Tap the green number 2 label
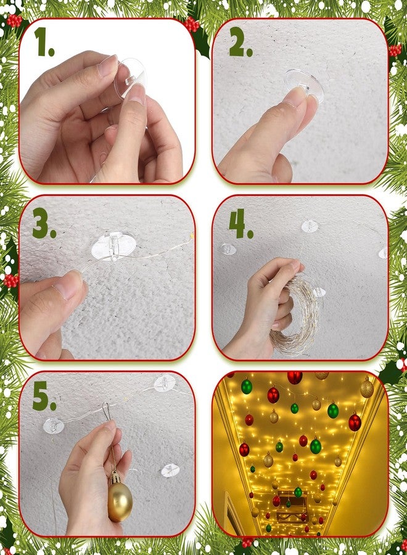[240, 42]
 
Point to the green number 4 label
[241, 223]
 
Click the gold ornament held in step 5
[120, 496]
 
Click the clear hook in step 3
[113, 246]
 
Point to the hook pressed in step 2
[305, 85]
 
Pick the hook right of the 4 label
[310, 226]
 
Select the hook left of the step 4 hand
[228, 249]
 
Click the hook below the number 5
[54, 425]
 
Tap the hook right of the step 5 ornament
[170, 471]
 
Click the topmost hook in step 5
[165, 384]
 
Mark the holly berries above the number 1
[14, 20]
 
